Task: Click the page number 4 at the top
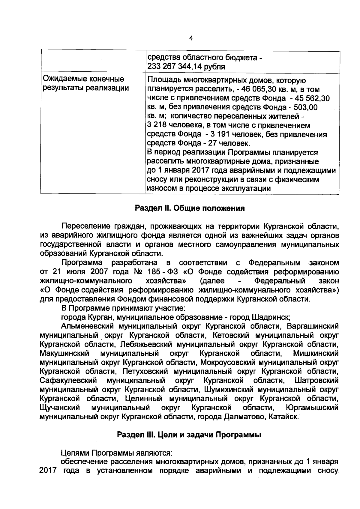click(x=191, y=38)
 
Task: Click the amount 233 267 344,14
click(x=173, y=67)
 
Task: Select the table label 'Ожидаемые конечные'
click(x=84, y=79)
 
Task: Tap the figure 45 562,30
click(x=313, y=98)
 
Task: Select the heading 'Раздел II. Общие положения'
click(x=190, y=208)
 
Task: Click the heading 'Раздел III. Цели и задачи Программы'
click(x=189, y=435)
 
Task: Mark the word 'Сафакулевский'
click(x=68, y=381)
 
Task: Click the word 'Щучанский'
click(x=60, y=408)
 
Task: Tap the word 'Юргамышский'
click(x=312, y=408)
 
